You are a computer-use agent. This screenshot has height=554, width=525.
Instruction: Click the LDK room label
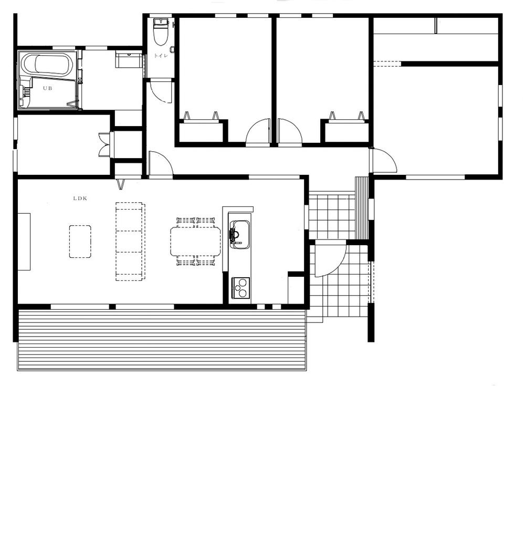80,198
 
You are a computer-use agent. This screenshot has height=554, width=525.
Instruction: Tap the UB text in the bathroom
48,88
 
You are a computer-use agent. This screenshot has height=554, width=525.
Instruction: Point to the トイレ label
161,56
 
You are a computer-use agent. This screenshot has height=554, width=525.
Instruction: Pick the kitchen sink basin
239,233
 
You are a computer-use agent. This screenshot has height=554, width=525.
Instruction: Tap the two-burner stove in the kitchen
239,288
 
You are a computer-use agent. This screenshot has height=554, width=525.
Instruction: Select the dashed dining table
195,241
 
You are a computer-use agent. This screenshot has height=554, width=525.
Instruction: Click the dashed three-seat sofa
130,242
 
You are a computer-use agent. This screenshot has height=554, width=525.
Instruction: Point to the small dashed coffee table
80,242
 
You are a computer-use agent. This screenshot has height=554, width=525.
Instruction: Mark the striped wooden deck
162,340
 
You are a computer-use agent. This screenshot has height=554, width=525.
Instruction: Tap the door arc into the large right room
383,161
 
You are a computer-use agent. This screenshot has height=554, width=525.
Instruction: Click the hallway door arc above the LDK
160,164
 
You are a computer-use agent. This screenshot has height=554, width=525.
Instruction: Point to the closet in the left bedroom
200,131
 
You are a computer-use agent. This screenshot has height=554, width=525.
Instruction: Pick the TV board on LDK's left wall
24,242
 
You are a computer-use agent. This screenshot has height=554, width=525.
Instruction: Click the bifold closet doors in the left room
105,145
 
